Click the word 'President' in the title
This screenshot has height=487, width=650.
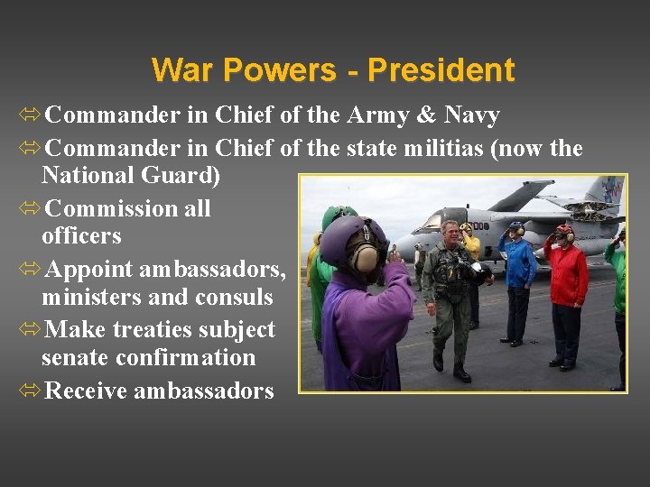(x=441, y=70)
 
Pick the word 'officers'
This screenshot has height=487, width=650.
(x=81, y=236)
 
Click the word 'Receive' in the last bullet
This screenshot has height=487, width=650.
(x=85, y=391)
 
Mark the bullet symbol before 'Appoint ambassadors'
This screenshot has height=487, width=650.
(x=29, y=270)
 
